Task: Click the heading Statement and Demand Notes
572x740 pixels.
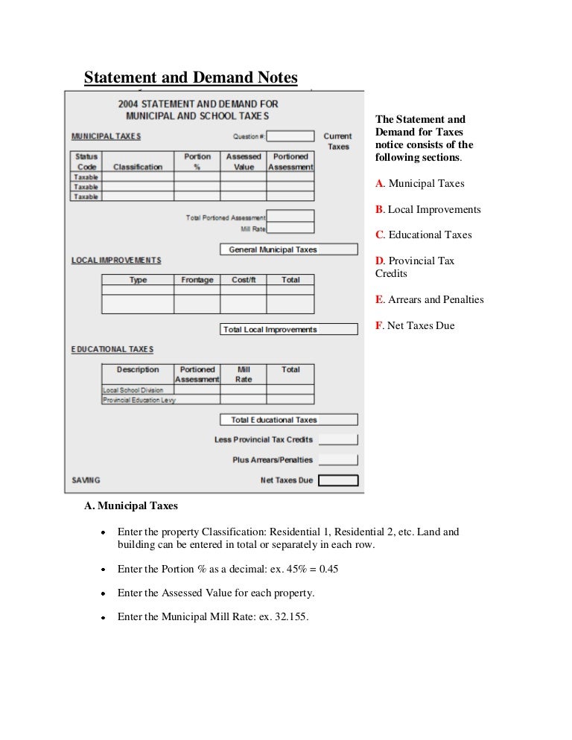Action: click(190, 77)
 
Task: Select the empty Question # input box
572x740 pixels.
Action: click(290, 136)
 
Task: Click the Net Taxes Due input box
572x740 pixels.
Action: click(338, 480)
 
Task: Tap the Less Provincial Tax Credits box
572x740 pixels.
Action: click(338, 439)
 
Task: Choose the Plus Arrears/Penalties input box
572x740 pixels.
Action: click(338, 460)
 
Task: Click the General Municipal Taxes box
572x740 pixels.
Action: click(288, 250)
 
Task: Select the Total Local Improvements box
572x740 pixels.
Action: click(288, 330)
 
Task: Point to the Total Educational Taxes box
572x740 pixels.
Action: click(288, 420)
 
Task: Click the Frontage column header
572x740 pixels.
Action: click(197, 280)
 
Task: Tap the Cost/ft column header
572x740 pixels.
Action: click(244, 280)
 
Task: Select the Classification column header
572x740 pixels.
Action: click(137, 167)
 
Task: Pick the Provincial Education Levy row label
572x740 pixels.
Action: click(139, 400)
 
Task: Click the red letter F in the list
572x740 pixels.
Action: click(379, 325)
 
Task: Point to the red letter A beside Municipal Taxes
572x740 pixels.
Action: click(379, 183)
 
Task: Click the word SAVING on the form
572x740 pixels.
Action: click(86, 480)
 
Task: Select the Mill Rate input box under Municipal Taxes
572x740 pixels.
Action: click(290, 229)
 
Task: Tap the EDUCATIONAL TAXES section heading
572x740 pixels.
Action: click(112, 349)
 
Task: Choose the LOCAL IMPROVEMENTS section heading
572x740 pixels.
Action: click(115, 260)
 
